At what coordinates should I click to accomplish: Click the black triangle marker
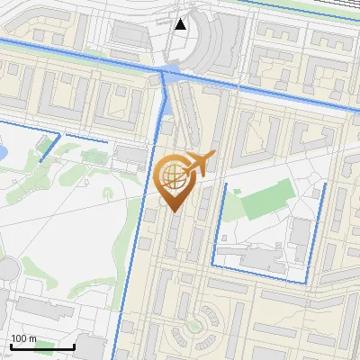[181, 24]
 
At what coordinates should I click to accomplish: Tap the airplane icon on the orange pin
[197, 165]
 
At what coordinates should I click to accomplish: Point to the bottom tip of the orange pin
[173, 211]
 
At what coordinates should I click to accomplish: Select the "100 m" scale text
[24, 338]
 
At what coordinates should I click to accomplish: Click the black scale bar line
[41, 346]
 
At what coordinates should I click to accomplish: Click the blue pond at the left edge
[3, 153]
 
